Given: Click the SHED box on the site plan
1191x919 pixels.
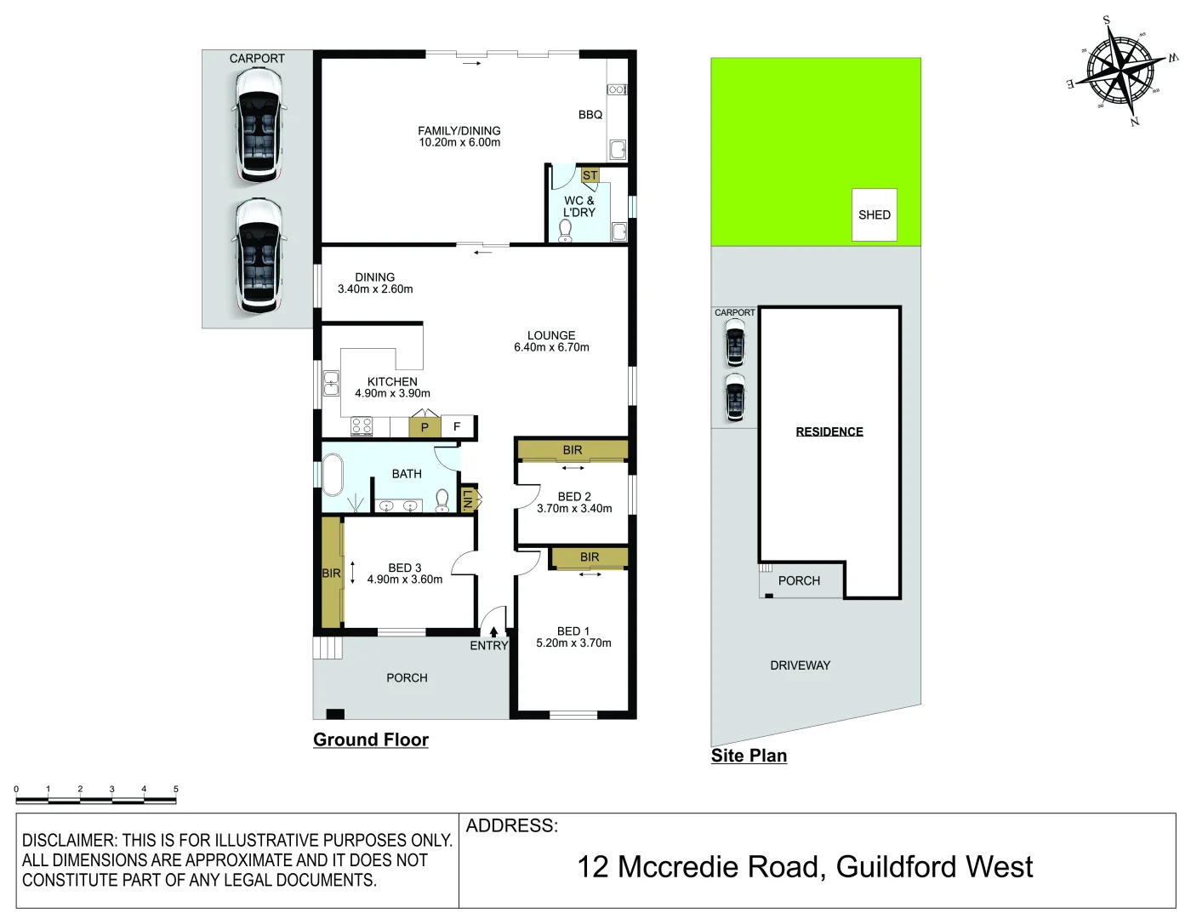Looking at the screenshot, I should [874, 214].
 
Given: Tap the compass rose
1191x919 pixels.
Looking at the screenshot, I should [1122, 71].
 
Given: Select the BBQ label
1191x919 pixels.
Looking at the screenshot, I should [590, 115].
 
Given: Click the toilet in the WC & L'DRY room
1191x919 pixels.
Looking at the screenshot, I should [566, 230].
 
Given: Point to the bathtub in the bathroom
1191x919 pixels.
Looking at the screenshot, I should [332, 475].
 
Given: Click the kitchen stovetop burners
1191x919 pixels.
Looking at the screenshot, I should [362, 426].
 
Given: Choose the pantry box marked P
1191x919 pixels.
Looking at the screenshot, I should [425, 427].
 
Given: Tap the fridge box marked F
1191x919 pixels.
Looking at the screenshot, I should [457, 426].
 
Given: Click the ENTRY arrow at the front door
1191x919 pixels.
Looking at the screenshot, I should [493, 632].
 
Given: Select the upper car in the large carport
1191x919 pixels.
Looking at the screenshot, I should [258, 126].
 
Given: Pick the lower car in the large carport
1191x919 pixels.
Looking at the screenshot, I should [258, 255].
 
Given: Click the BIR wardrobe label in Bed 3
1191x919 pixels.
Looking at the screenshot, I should [331, 574].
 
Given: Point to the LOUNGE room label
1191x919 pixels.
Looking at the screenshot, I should [551, 335].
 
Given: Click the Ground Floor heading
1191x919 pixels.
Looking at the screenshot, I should [371, 739].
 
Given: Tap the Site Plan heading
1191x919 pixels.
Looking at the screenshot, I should [749, 756].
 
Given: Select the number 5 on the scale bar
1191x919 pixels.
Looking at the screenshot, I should [176, 789].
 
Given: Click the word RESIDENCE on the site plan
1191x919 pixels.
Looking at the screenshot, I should [829, 431].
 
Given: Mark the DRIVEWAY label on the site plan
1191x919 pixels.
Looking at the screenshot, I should [800, 665].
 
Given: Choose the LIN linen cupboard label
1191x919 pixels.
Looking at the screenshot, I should [467, 499].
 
